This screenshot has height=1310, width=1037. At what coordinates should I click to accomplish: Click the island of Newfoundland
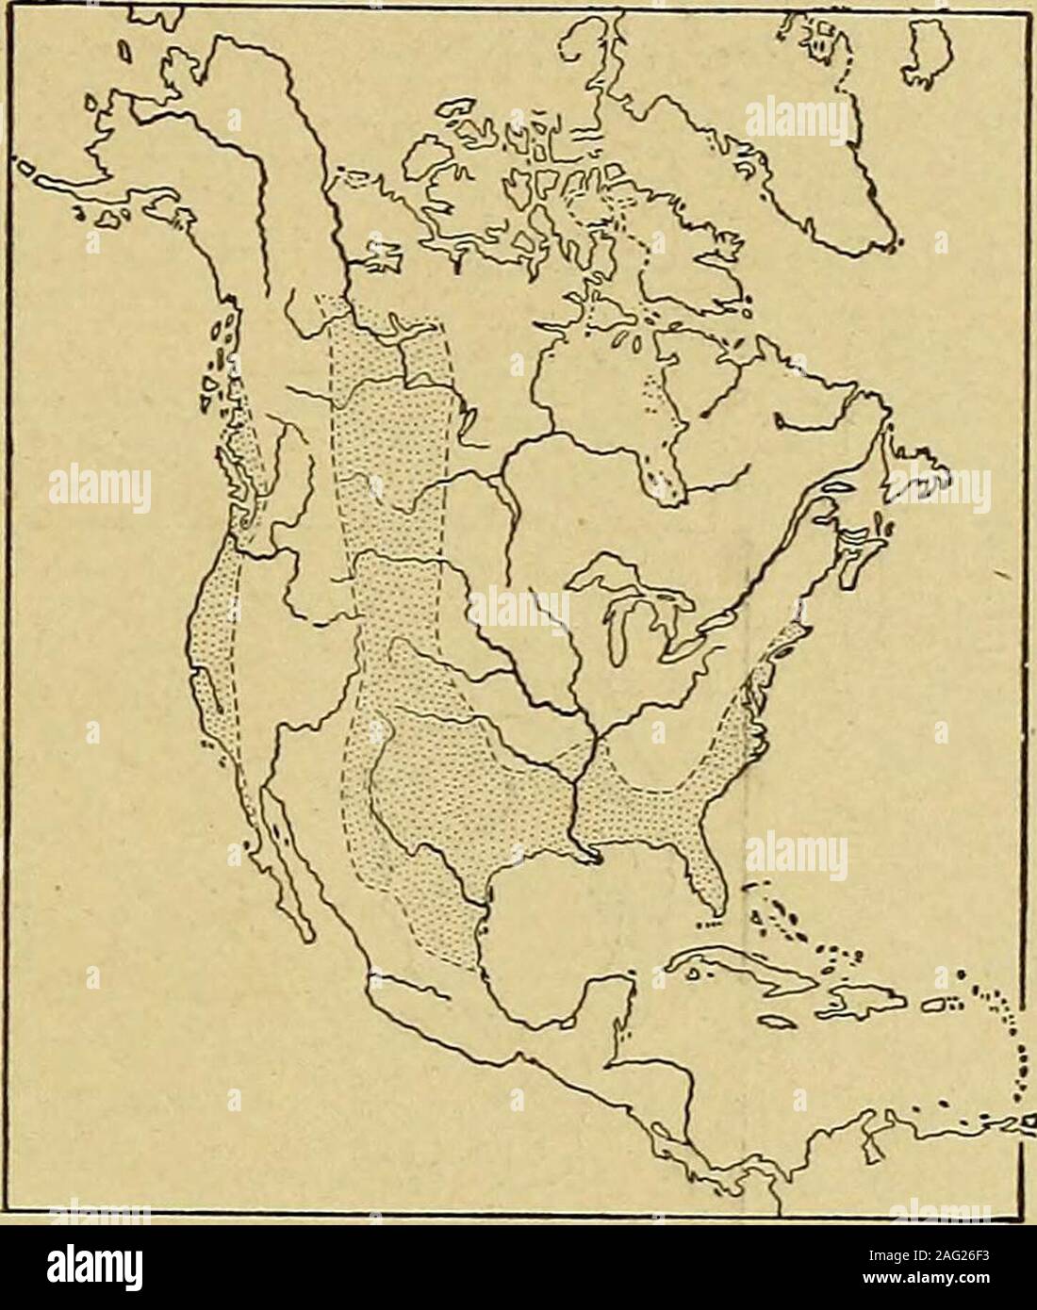(x=929, y=471)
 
